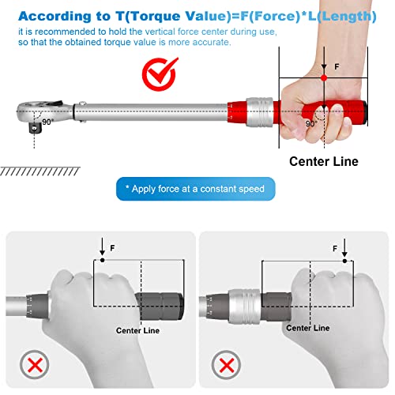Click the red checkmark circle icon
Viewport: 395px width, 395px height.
[x=159, y=75]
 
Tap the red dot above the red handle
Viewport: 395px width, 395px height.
[x=324, y=78]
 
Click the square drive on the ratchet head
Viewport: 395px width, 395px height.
[x=35, y=128]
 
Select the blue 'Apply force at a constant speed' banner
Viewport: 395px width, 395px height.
[x=196, y=189]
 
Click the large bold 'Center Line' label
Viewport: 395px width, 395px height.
[x=324, y=161]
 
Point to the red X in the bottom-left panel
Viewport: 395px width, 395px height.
[x=35, y=365]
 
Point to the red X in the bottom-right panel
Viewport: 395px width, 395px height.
[x=226, y=366]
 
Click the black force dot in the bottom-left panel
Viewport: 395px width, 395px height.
[x=103, y=260]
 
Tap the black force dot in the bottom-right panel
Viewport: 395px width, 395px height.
[x=344, y=261]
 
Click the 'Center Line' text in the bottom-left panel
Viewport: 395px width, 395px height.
[x=137, y=330]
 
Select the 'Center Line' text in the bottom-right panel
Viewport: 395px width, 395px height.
[x=308, y=328]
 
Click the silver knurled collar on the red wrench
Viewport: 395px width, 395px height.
[x=259, y=112]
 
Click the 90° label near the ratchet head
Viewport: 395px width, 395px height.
[x=47, y=122]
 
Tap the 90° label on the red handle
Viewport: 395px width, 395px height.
[x=311, y=123]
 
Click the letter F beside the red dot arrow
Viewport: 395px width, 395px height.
[x=337, y=67]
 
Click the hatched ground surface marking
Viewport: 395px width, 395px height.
[x=40, y=171]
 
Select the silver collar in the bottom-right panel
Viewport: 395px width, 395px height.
[x=245, y=307]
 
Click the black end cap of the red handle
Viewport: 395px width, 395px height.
[x=366, y=112]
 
